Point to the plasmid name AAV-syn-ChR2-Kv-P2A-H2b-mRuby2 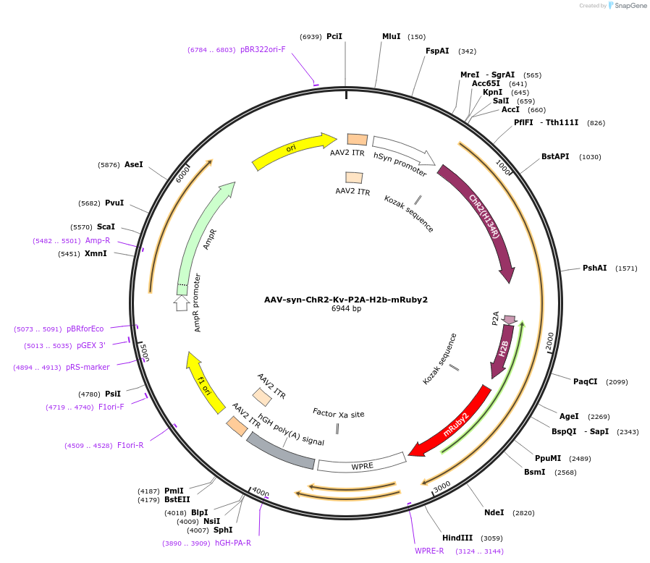(346, 300)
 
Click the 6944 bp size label (346, 309)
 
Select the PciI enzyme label (334, 36)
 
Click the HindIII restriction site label (457, 538)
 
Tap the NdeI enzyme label (494, 512)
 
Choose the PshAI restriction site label (595, 268)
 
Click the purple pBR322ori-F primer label (263, 49)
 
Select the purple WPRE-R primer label (429, 551)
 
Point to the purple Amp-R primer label (98, 240)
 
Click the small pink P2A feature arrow (510, 319)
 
